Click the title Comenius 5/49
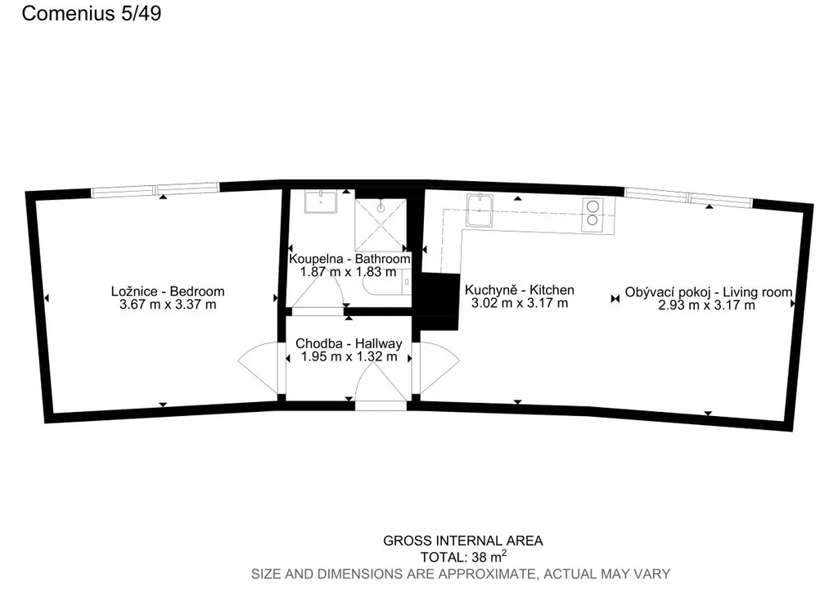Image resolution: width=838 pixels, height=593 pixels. [x=92, y=13]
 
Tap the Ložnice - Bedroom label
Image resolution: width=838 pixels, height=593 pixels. [x=168, y=292]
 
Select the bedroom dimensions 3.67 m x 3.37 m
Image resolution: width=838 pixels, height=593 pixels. [x=168, y=305]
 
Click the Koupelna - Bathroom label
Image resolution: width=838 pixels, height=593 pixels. [x=349, y=259]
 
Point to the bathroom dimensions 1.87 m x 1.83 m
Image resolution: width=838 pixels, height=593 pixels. [x=349, y=272]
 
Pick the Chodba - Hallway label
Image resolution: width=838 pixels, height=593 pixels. [x=349, y=343]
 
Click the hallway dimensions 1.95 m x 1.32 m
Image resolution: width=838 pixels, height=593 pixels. [x=349, y=356]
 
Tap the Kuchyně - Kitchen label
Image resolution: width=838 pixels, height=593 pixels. [x=520, y=290]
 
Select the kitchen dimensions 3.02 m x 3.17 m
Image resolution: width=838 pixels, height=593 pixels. [x=520, y=303]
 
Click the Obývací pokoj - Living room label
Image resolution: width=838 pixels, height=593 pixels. [x=709, y=292]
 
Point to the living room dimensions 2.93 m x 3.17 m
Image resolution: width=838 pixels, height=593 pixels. [x=706, y=306]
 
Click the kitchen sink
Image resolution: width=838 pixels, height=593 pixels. [x=480, y=210]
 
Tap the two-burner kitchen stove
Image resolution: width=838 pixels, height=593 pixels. [x=592, y=214]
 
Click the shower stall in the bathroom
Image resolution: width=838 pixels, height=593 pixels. [x=381, y=224]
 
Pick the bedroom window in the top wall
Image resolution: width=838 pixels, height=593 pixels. [x=155, y=189]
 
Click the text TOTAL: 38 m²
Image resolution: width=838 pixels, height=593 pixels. [x=463, y=557]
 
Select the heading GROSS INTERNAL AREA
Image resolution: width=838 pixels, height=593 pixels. [x=463, y=541]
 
